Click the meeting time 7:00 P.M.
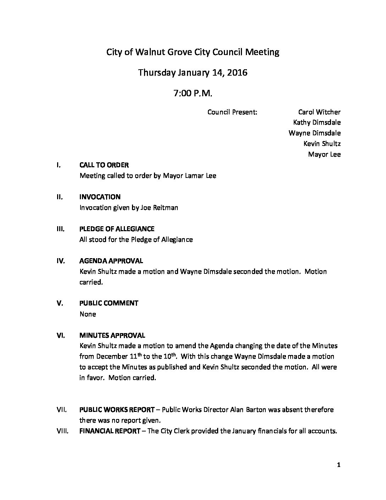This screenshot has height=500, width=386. [x=193, y=93]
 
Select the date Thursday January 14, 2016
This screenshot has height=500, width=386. [x=193, y=73]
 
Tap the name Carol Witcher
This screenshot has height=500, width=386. [x=319, y=112]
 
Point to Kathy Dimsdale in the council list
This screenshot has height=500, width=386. [x=317, y=123]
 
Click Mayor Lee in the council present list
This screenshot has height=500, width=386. [x=324, y=154]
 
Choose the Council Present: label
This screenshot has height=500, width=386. [x=232, y=112]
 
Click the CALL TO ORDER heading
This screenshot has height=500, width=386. [x=104, y=165]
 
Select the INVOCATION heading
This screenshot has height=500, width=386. [x=100, y=197]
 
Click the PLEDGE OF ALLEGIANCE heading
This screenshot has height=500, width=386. [x=117, y=229]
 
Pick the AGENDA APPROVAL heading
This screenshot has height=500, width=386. [x=111, y=261]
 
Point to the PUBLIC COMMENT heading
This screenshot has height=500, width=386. [x=109, y=303]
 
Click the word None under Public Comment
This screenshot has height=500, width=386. [x=88, y=314]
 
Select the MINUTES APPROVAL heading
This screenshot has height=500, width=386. [x=112, y=336]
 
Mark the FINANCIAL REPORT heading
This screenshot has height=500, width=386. [x=110, y=431]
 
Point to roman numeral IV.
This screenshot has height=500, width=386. [x=61, y=261]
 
